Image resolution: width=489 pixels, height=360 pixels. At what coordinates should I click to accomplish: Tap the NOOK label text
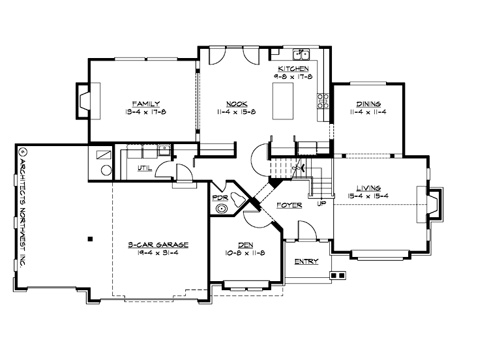click(237, 103)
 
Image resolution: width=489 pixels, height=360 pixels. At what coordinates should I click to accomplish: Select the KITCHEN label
click(294, 68)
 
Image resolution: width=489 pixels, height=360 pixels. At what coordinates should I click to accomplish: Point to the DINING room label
click(368, 103)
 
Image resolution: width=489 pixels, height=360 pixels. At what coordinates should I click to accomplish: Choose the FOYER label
click(289, 205)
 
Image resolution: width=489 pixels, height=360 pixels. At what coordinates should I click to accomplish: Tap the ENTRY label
click(306, 262)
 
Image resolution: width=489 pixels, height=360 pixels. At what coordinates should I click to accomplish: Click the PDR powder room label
click(220, 196)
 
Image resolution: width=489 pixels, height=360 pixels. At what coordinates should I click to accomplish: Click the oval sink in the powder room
click(224, 209)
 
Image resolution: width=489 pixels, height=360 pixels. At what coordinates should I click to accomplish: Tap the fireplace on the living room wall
click(432, 205)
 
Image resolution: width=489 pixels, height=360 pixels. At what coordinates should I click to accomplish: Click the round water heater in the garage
click(105, 170)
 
